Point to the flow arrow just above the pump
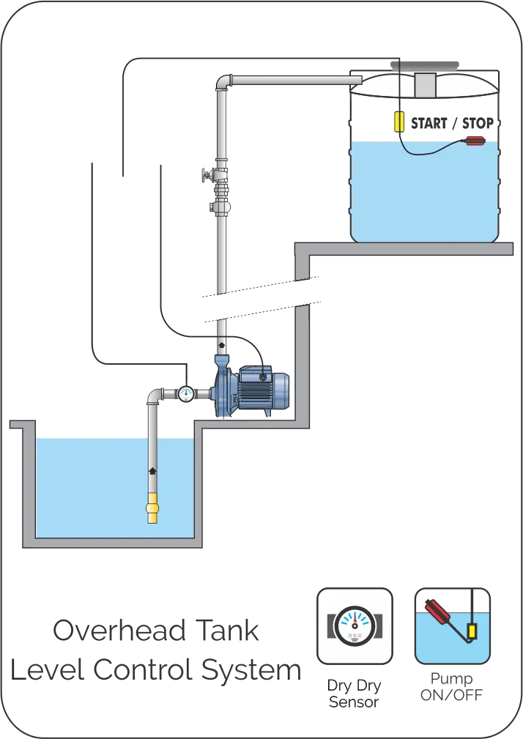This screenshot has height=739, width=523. click(222, 342)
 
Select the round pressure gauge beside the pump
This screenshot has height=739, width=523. click(186, 394)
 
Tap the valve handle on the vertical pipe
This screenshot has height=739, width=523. click(206, 176)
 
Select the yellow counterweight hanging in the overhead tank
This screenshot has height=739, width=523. click(398, 120)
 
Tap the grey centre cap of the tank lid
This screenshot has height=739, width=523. click(423, 84)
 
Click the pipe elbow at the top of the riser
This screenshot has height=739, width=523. click(223, 81)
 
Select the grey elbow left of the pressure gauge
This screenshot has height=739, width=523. click(154, 396)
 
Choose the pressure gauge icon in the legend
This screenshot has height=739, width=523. click(355, 625)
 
